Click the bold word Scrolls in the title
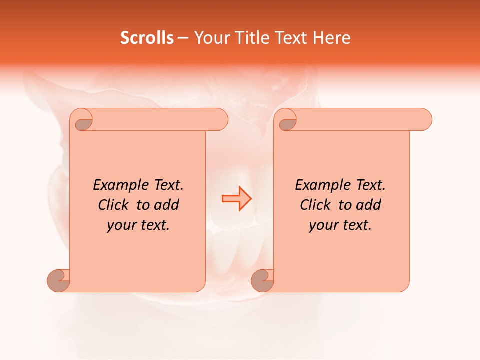point(147,37)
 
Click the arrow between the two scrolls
point(236,198)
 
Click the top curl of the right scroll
point(287,122)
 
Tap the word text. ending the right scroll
point(356,225)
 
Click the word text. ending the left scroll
point(154,225)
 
